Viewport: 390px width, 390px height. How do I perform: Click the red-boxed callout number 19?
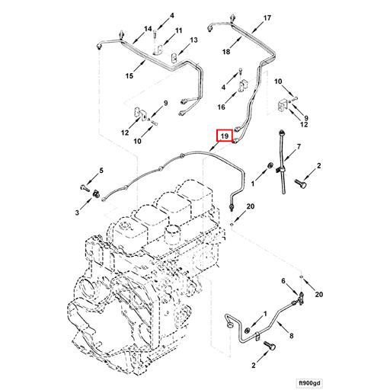coord(224,137)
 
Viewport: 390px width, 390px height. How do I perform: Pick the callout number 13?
coord(194,40)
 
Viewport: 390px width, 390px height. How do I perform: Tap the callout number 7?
coord(299,146)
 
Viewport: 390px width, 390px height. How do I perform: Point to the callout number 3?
coord(77,215)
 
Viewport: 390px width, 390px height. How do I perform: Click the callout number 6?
coord(284,281)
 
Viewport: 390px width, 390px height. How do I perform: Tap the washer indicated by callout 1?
coord(271,166)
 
